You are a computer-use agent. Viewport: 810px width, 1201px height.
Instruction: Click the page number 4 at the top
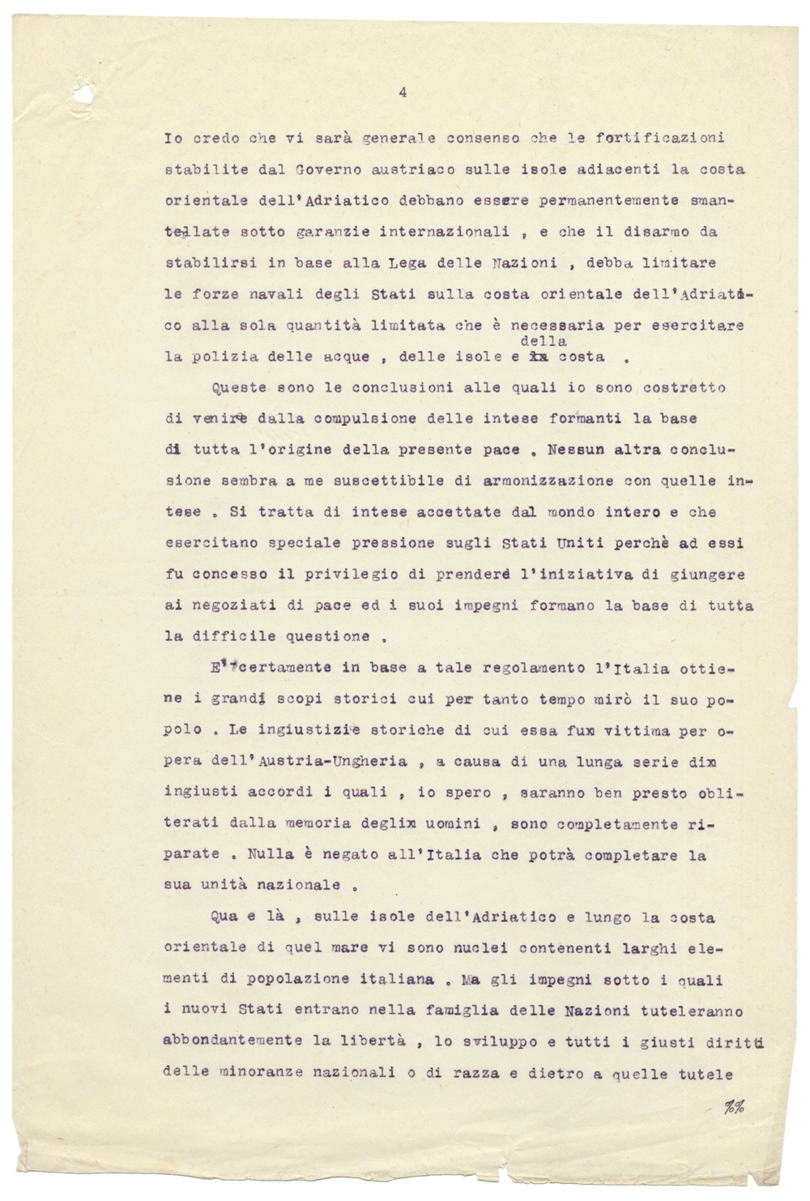coord(402,93)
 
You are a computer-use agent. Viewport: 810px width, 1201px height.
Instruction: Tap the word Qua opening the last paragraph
coord(224,917)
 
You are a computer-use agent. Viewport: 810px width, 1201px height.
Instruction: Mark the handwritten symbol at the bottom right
coord(735,1108)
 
